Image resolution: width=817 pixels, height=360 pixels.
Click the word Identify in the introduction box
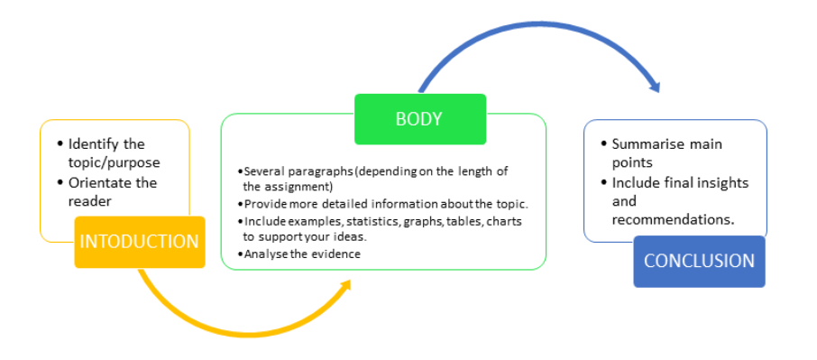[x=94, y=143]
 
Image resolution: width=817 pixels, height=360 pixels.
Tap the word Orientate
[x=101, y=183]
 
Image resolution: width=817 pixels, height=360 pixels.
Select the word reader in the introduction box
[x=90, y=201]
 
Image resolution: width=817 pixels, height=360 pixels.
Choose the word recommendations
[x=672, y=220]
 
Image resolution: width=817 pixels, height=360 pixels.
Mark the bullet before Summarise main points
[x=602, y=143]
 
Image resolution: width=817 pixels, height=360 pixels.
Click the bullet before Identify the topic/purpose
[x=59, y=143]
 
